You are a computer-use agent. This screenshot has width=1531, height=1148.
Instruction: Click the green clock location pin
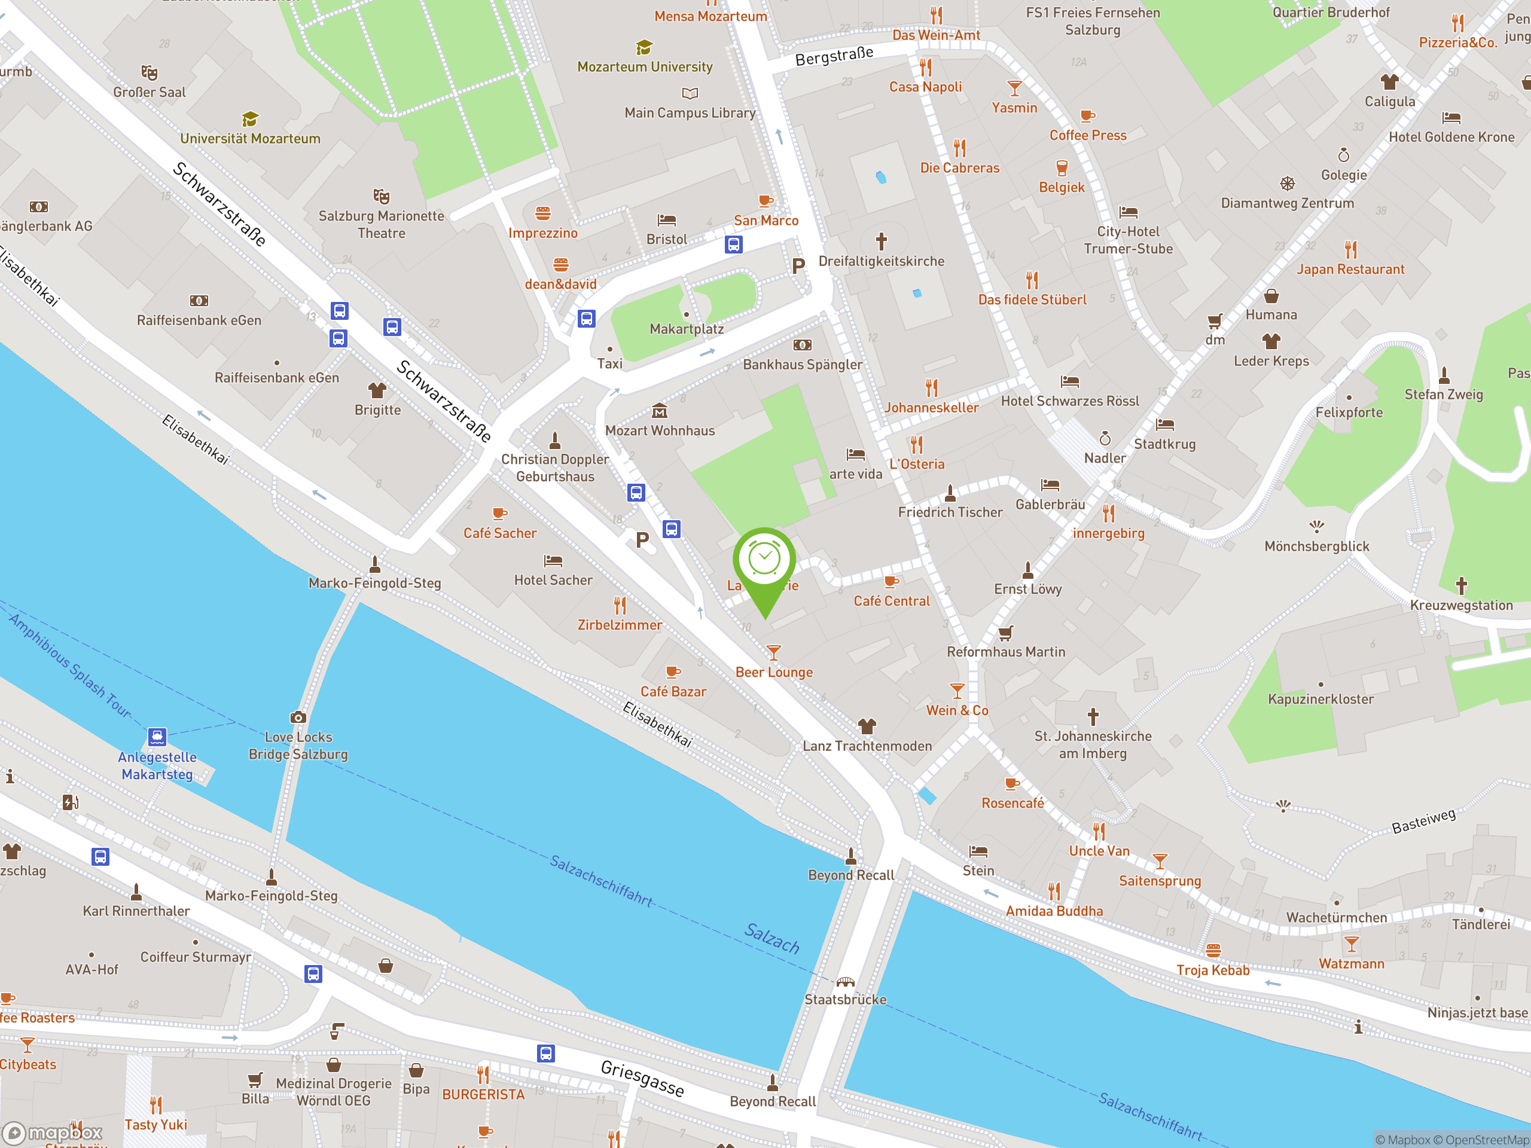point(764,560)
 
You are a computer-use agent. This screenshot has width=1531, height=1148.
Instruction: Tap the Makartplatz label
point(686,329)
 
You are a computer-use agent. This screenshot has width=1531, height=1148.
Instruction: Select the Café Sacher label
point(500,533)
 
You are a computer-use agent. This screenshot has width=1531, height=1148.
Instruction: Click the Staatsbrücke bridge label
point(845,999)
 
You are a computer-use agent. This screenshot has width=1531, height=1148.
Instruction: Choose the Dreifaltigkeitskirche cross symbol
point(881,242)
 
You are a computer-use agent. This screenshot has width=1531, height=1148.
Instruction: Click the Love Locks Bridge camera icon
point(298,717)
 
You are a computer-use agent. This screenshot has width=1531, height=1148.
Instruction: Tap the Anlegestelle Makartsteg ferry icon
point(157,736)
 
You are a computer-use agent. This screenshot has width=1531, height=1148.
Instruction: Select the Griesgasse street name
point(642,1078)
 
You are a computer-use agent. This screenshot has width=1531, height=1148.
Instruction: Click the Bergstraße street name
point(834,56)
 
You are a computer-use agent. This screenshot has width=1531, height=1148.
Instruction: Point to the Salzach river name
point(771,938)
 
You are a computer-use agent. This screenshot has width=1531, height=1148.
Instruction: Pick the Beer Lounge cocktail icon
point(774,652)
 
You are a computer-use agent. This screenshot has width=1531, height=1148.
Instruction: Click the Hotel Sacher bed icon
point(553,560)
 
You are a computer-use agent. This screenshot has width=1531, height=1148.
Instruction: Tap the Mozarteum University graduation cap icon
point(644,47)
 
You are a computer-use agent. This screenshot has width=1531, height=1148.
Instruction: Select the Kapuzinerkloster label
point(1320,699)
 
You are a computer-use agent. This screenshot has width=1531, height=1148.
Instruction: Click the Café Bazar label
point(673,691)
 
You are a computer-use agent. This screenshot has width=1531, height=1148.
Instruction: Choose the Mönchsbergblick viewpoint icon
point(1316,527)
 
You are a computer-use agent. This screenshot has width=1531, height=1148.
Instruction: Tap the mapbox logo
point(54,1133)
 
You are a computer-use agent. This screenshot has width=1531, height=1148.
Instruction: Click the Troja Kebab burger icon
point(1213,950)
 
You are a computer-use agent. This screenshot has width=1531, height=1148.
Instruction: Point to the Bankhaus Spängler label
point(802,364)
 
